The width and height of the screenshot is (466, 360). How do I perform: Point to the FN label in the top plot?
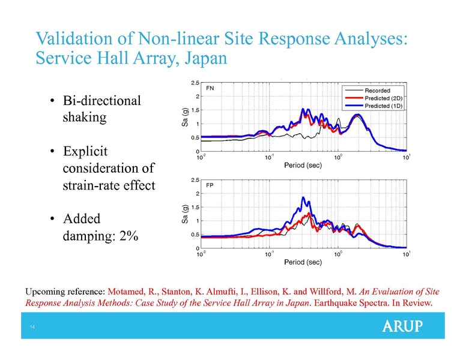point(210,88)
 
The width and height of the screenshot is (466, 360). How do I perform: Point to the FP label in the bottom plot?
point(210,185)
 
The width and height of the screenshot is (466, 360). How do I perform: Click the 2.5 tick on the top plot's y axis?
point(196,83)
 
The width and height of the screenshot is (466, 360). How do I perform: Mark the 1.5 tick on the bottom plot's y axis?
point(196,207)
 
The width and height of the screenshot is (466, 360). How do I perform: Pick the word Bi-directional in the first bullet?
point(101,100)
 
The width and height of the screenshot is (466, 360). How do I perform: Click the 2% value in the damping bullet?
point(128,236)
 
